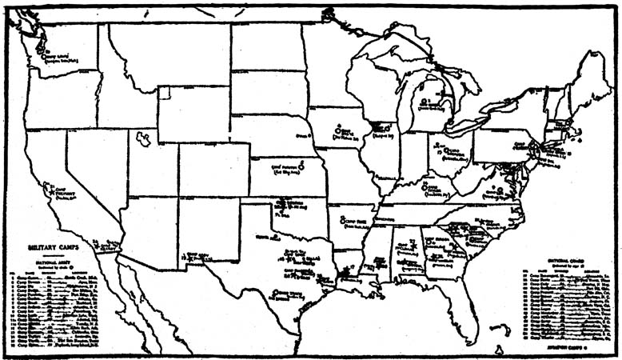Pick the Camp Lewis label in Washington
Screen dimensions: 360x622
(x=55, y=58)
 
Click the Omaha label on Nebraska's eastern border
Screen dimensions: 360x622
(x=303, y=138)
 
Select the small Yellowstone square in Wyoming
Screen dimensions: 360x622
(x=164, y=93)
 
